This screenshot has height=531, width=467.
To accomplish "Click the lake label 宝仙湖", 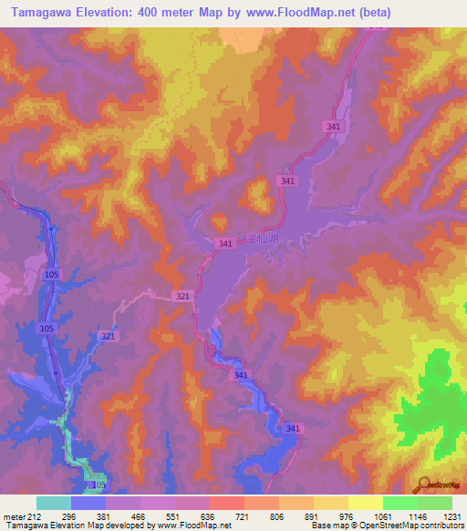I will click(259, 240).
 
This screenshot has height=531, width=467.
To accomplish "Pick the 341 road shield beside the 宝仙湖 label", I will click(226, 244).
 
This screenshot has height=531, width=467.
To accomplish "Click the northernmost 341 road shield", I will click(332, 127).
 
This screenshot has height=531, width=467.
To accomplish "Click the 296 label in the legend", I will click(70, 517).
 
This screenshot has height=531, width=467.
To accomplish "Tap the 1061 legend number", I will click(381, 517).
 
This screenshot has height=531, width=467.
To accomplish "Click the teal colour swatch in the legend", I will click(53, 503).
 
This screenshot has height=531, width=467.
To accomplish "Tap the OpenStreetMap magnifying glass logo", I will click(423, 484).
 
